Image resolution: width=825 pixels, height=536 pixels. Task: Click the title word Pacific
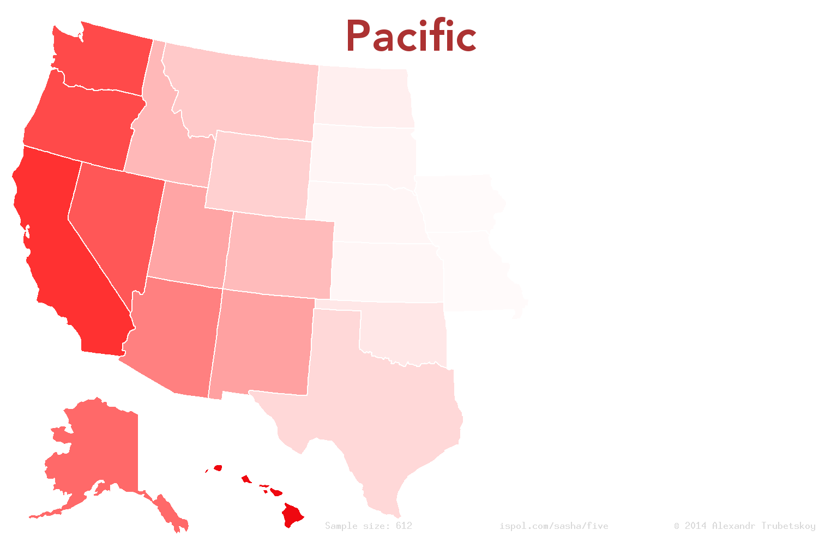[411, 37]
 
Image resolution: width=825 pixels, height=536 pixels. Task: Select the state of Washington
[104, 60]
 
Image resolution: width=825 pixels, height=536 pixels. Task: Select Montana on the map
[245, 93]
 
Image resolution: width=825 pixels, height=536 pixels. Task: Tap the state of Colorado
[278, 254]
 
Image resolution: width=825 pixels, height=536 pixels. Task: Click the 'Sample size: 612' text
[369, 526]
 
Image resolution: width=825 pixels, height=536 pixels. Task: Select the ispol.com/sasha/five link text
[553, 526]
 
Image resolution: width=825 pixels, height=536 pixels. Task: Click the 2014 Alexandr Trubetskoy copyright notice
[745, 526]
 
